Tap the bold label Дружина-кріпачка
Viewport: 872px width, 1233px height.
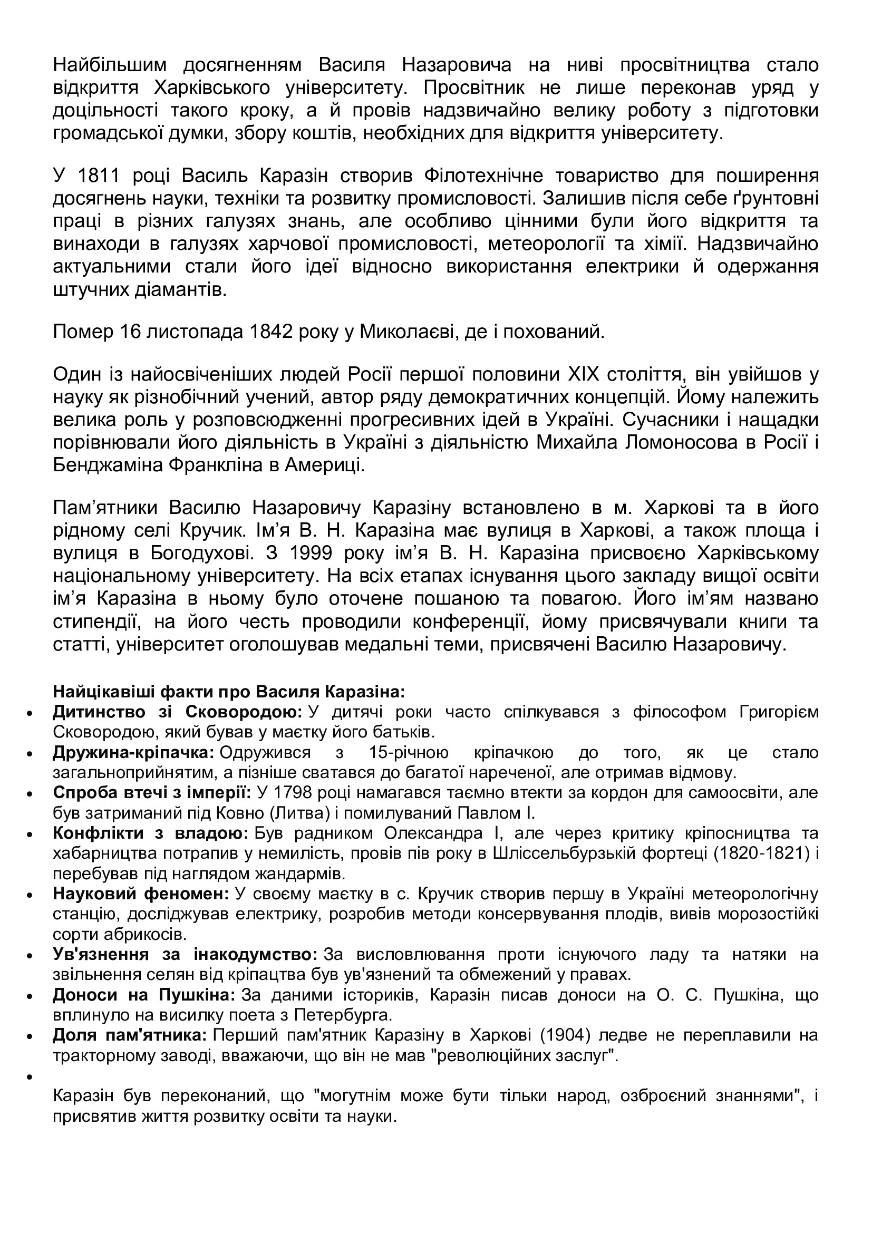tap(133, 752)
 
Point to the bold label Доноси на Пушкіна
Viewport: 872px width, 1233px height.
tap(144, 995)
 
